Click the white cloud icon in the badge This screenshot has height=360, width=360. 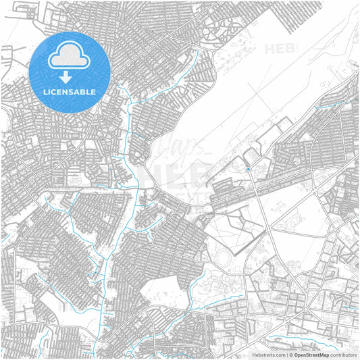tap(70, 59)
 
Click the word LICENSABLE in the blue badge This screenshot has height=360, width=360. tap(70, 92)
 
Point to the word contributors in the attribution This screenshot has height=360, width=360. tap(344, 354)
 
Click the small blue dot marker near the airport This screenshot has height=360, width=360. tap(248, 168)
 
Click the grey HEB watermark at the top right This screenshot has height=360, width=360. tap(278, 49)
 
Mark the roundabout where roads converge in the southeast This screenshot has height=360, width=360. tap(307, 308)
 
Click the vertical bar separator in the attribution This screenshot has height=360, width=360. tap(286, 354)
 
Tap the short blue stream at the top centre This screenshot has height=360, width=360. tap(196, 64)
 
